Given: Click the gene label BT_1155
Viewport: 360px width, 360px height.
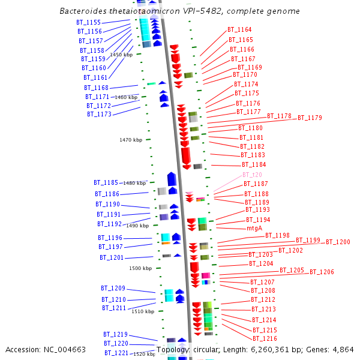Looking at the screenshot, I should coord(88,22).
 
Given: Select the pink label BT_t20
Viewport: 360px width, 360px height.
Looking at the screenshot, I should coord(252,175).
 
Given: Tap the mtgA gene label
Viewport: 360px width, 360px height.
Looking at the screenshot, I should coord(254,228).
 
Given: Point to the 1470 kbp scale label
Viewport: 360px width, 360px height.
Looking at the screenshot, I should coord(131,140).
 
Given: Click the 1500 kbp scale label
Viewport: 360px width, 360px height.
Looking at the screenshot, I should coord(140,268).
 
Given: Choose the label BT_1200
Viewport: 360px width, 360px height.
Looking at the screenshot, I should coord(338,242).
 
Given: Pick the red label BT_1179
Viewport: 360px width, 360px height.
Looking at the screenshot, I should coord(310,118).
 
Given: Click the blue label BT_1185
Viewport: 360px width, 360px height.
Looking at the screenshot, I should coord(106,182).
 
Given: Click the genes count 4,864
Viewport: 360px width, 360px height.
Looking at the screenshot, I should coord(343,349).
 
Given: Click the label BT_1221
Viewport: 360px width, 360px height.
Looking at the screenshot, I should coord(116,353).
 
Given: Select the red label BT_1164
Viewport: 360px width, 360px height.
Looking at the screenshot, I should coord(239,29).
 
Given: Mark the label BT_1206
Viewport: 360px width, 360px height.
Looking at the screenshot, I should coord(322,272).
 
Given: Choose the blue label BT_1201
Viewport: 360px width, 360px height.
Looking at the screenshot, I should coord(112,257).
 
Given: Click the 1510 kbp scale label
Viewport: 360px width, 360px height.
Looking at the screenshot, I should coord(143,311).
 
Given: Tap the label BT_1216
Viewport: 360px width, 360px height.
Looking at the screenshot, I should coord(265,339).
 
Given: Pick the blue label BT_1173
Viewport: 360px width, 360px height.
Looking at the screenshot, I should coord(99,114).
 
